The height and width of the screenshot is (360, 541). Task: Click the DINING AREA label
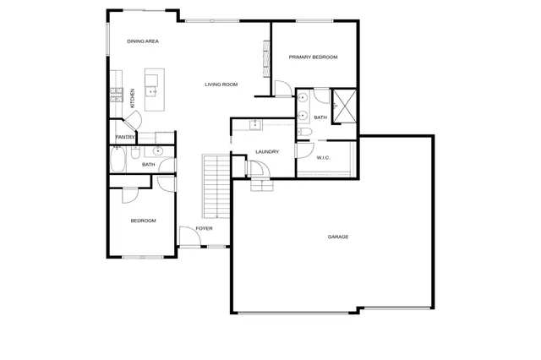(x=143, y=41)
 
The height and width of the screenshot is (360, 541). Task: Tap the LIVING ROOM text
(x=221, y=85)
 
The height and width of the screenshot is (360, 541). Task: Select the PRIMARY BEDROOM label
(x=313, y=57)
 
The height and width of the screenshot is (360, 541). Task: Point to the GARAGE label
(x=338, y=237)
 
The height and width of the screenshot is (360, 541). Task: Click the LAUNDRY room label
(x=267, y=152)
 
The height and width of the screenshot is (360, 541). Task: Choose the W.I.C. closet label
(x=323, y=157)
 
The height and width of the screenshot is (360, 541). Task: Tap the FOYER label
(x=204, y=228)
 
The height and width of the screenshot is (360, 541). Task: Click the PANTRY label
(x=126, y=137)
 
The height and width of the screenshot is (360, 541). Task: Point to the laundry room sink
(x=255, y=125)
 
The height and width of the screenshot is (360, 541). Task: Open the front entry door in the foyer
(x=189, y=237)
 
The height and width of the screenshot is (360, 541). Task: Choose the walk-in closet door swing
(x=303, y=150)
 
